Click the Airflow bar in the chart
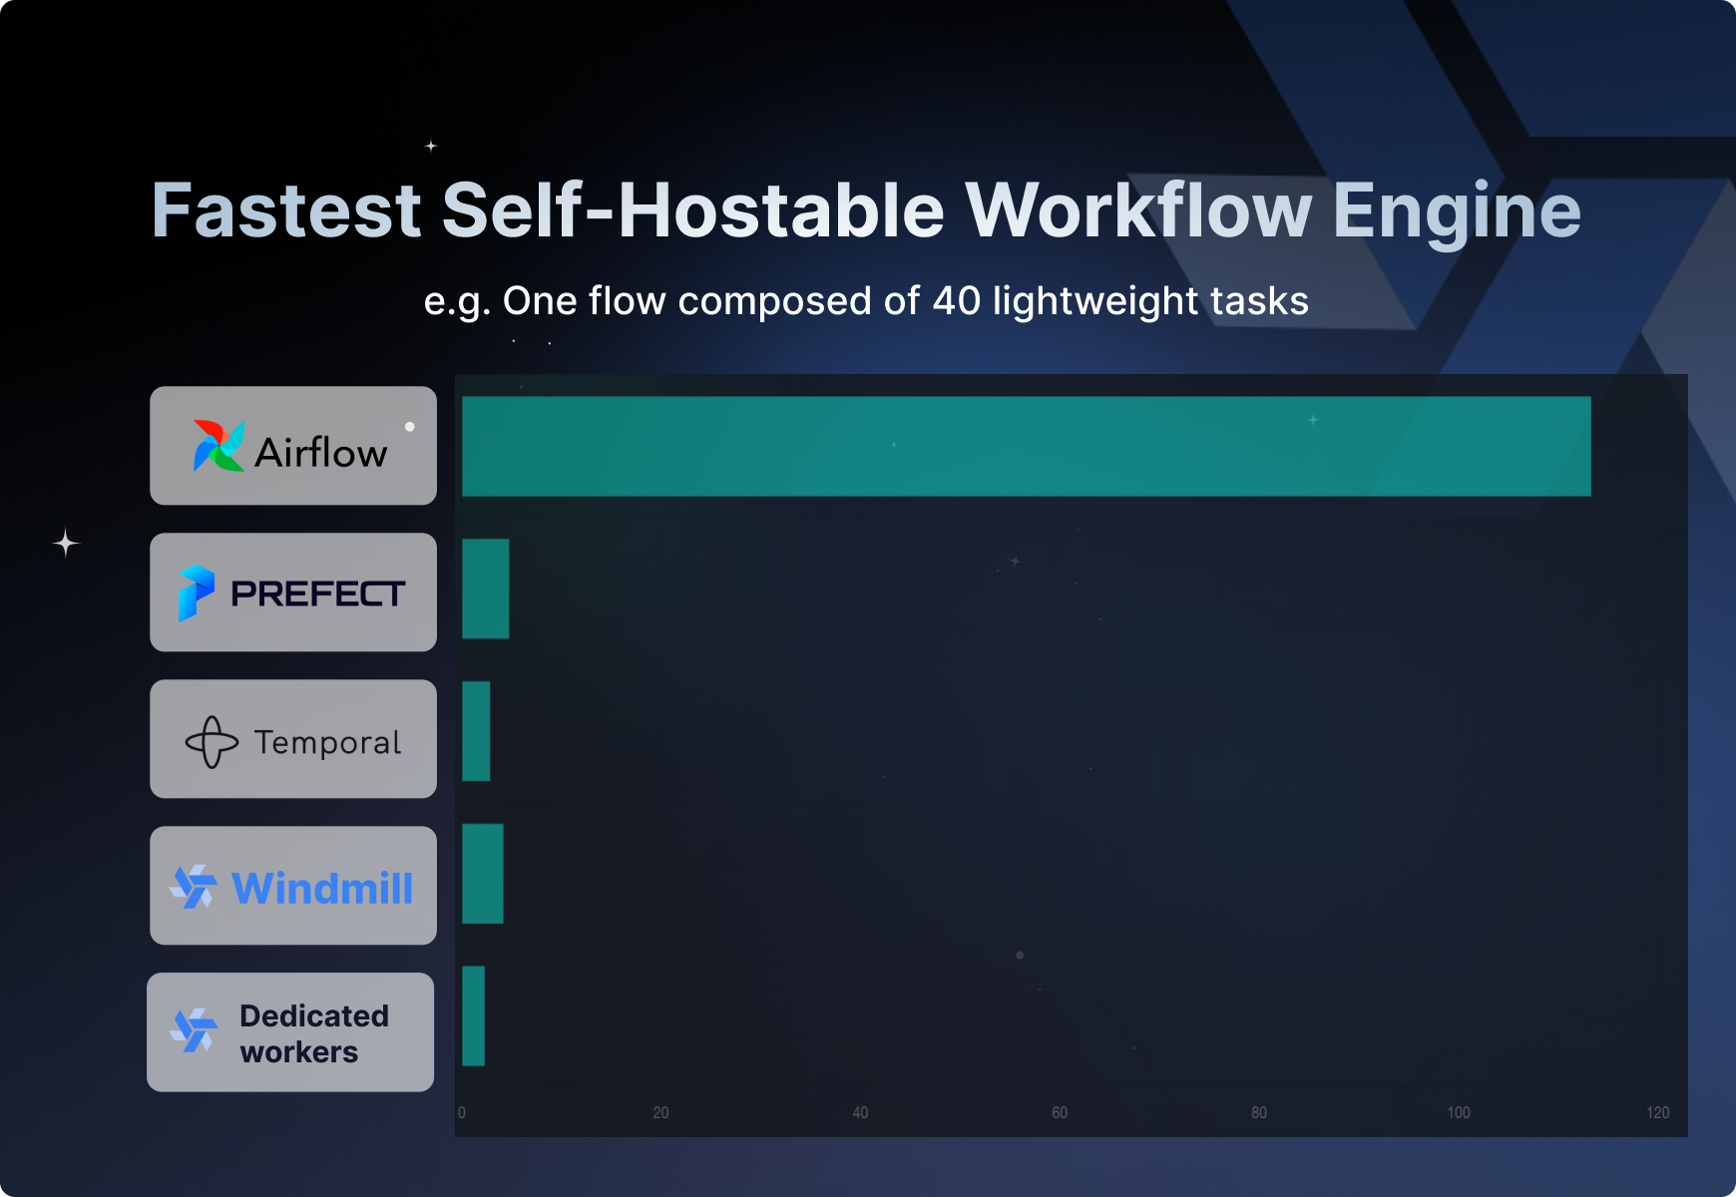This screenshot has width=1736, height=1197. click(1026, 446)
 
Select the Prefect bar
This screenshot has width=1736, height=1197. click(486, 589)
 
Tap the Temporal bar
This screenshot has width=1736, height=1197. click(476, 731)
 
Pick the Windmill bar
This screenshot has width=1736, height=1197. click(483, 874)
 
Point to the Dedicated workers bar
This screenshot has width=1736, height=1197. click(474, 1015)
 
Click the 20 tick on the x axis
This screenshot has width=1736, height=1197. click(660, 1112)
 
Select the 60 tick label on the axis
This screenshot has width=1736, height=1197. click(1060, 1112)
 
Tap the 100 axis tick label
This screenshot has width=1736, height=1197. click(1458, 1112)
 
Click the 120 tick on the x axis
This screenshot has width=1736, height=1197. click(1657, 1112)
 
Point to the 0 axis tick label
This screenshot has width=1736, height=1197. click(462, 1112)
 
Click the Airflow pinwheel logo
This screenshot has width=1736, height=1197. click(218, 445)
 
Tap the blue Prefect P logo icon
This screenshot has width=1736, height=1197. click(196, 593)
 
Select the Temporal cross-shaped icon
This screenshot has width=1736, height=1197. click(212, 742)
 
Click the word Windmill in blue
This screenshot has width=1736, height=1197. click(322, 888)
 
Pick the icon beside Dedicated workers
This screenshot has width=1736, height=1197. click(194, 1030)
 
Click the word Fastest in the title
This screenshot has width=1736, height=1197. click(286, 210)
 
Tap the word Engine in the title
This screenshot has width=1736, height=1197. click(1457, 210)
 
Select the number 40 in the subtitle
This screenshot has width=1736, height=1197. click(957, 301)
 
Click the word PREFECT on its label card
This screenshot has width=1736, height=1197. click(318, 594)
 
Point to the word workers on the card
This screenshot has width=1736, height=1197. click(299, 1052)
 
